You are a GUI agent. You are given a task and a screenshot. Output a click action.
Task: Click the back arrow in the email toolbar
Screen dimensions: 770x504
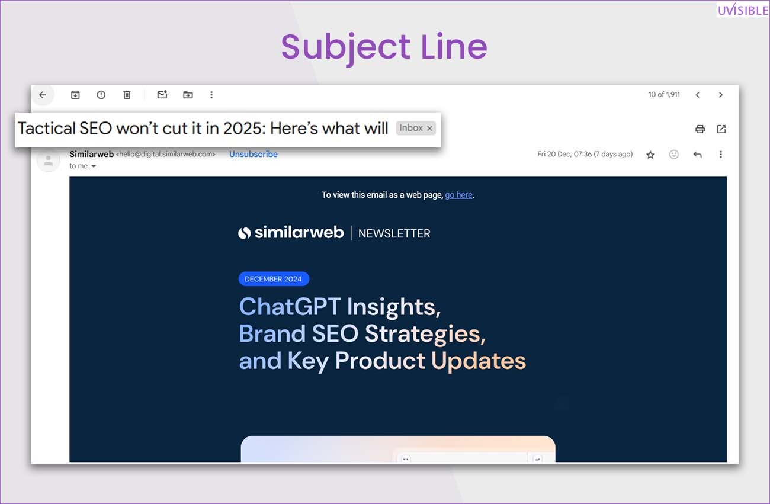coord(43,95)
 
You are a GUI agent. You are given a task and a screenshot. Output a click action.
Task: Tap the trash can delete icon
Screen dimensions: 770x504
coord(127,95)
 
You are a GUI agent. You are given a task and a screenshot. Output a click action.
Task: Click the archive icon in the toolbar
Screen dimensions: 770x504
coord(75,95)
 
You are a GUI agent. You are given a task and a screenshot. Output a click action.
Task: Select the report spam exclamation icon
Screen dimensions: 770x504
coord(101,95)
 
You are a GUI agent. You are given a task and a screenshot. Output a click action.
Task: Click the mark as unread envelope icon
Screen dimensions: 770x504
coord(162,94)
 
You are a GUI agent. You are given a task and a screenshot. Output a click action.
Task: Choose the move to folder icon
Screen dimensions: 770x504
coord(188,95)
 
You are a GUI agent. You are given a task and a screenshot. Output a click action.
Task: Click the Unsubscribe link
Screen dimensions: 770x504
coord(254,154)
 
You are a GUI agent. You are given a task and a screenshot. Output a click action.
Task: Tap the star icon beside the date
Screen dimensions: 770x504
coord(650,155)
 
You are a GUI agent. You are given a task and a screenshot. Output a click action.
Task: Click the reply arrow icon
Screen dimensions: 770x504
coord(698,155)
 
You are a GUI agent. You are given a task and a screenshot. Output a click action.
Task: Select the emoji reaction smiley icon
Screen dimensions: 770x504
coord(674,155)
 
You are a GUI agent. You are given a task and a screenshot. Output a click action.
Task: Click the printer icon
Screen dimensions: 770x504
coord(700,129)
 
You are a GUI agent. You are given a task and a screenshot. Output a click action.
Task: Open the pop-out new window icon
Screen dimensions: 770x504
coord(721,129)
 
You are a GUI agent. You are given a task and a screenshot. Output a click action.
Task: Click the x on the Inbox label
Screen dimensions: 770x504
coord(429,129)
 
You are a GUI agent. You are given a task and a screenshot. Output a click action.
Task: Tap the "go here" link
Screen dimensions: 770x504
coord(458,195)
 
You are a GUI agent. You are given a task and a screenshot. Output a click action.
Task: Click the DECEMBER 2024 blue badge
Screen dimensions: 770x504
coord(274,279)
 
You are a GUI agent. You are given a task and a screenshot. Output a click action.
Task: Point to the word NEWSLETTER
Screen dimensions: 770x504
coord(394,233)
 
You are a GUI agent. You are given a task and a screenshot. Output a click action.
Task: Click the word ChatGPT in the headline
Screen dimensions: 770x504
coord(290,306)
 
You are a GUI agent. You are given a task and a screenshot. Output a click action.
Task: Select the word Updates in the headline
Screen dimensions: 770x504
coord(479,361)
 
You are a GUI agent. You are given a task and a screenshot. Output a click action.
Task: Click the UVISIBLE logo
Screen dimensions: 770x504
coord(743,9)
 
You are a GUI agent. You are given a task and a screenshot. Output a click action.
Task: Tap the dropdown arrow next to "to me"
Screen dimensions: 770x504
coord(94,166)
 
